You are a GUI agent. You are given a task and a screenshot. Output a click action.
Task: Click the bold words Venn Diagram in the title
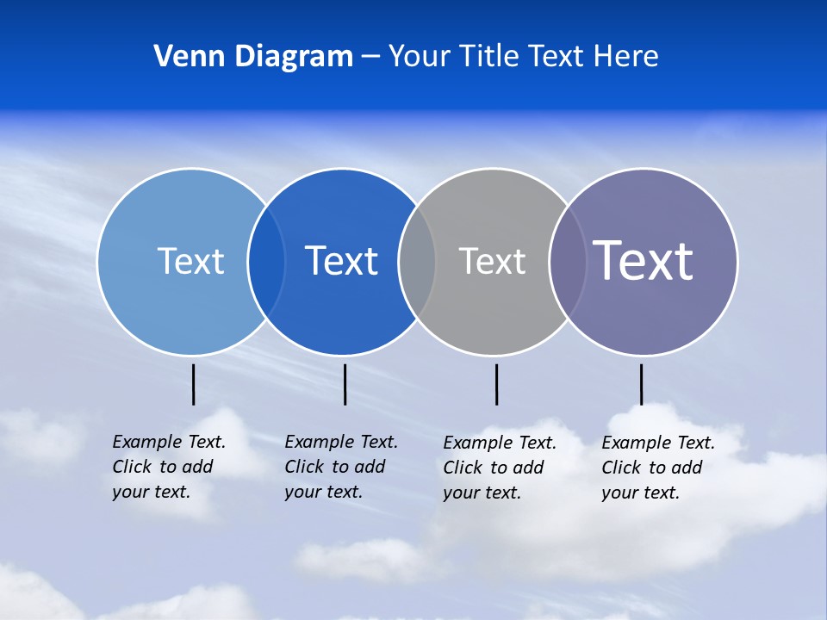click(x=253, y=57)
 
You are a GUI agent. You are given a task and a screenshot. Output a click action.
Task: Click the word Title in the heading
click(x=489, y=57)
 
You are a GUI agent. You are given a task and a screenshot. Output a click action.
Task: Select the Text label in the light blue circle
click(x=190, y=261)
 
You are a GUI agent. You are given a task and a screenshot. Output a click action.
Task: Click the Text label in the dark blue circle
click(x=342, y=261)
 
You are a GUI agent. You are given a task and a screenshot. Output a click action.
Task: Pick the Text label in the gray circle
click(x=492, y=261)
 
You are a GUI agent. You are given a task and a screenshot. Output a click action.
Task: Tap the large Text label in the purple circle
click(x=644, y=260)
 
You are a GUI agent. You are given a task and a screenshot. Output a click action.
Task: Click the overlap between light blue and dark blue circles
click(x=266, y=262)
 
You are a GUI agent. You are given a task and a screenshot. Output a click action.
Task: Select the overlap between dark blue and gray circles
click(x=417, y=262)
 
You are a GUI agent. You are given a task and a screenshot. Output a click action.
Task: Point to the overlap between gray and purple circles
click(x=568, y=262)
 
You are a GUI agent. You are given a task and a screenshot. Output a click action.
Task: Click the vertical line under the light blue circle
click(x=194, y=384)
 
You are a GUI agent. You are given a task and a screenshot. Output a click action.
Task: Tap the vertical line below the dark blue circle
click(x=345, y=384)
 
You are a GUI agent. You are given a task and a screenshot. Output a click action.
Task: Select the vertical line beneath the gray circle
click(x=496, y=384)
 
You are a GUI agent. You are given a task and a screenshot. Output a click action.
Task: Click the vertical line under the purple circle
click(x=641, y=384)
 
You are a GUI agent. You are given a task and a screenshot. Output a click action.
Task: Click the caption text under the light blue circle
click(x=168, y=467)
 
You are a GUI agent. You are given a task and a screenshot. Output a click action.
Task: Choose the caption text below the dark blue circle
click(x=340, y=467)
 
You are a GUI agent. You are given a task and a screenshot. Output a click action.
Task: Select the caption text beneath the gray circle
click(x=499, y=468)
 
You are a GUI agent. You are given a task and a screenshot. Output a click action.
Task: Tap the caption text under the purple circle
click(x=657, y=468)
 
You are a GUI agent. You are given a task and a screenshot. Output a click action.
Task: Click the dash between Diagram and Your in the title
click(x=370, y=57)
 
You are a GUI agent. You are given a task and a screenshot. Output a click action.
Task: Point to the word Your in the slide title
click(x=420, y=57)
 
